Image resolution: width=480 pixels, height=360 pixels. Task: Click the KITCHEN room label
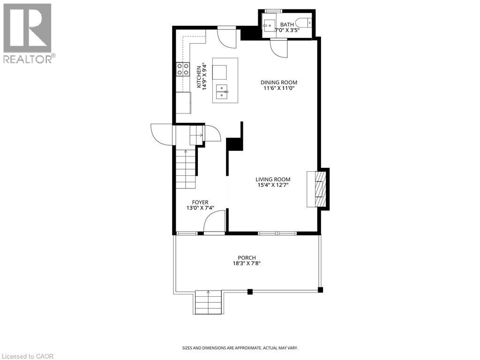click(x=199, y=76)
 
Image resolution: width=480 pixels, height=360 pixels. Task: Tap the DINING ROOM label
click(x=279, y=82)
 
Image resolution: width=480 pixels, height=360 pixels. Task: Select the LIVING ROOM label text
click(x=273, y=179)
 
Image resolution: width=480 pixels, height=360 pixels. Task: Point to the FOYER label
click(x=196, y=202)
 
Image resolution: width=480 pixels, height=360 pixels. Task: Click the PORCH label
click(x=247, y=257)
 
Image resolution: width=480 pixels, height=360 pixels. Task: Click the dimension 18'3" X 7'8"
click(x=247, y=263)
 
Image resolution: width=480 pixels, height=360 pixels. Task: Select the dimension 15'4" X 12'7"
click(x=273, y=185)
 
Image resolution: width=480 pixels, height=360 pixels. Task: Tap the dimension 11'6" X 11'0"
click(x=279, y=89)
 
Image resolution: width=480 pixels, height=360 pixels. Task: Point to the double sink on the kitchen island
click(x=222, y=89)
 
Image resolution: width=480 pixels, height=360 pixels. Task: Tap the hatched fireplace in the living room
click(x=319, y=189)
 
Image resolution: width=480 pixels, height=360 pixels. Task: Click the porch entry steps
click(x=208, y=302)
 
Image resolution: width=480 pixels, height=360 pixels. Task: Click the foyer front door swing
click(x=214, y=221)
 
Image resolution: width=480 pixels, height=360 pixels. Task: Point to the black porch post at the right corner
click(x=321, y=290)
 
